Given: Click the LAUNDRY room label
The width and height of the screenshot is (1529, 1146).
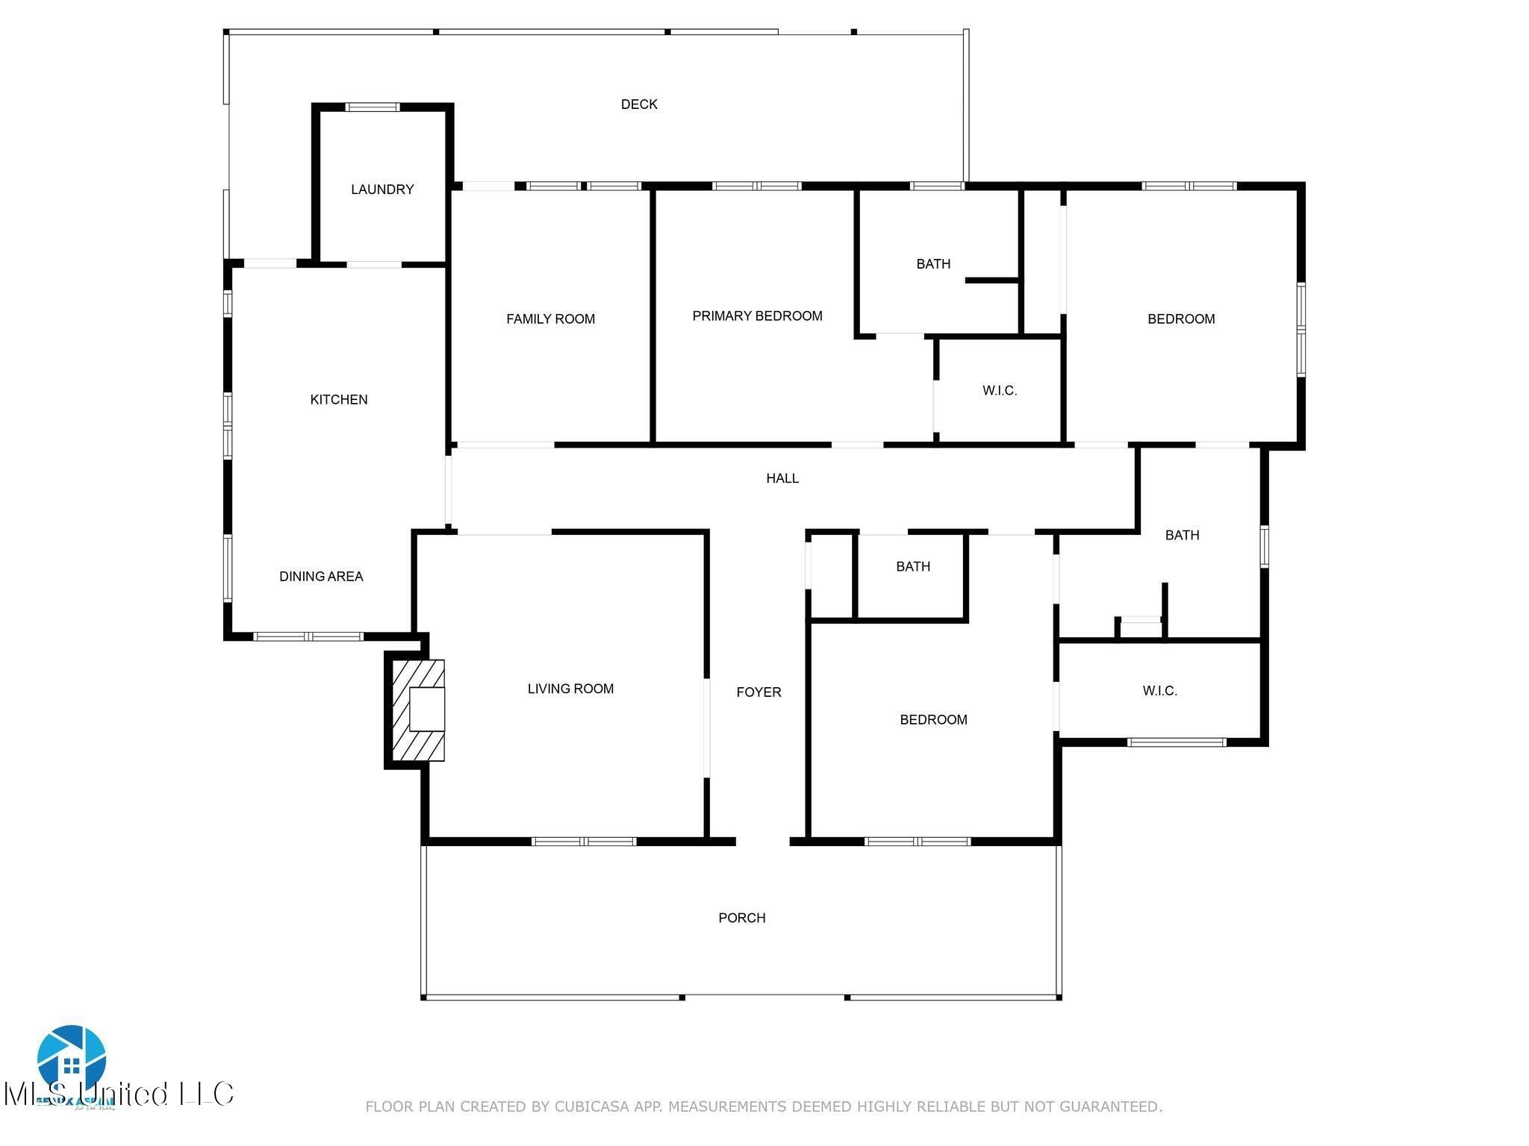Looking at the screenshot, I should point(382,190).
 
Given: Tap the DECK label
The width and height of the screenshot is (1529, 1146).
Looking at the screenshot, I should point(639,104).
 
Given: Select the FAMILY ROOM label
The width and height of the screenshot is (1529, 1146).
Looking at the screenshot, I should point(550,319).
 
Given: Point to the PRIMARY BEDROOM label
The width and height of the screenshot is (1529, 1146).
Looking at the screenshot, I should point(757,316).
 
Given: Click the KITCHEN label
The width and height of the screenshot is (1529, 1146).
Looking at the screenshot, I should point(339,400).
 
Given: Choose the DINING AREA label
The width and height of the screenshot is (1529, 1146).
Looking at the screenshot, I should point(321,577).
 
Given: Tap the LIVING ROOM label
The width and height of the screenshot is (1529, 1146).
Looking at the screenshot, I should point(570,689).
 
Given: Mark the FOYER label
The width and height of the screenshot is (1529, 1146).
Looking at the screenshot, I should point(759,692).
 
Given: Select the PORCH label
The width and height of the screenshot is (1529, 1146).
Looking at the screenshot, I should point(741,918).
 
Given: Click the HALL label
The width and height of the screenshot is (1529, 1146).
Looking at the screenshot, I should point(782,478).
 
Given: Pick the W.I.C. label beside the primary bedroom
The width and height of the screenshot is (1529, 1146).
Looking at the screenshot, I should point(1000,391).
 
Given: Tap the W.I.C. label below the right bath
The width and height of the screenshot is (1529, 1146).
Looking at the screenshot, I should point(1159,692).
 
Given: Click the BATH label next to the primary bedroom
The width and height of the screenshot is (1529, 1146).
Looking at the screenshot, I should point(933,264).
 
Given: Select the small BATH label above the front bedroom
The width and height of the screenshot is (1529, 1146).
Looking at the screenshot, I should point(913,567).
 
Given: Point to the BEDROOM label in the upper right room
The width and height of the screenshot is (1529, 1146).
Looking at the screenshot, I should point(1181,319).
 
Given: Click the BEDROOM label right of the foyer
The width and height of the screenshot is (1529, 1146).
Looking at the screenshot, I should point(933,720).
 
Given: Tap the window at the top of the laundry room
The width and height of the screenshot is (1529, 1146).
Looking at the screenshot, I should point(373,107).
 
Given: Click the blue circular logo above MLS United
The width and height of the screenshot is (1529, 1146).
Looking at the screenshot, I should point(71,1059).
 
